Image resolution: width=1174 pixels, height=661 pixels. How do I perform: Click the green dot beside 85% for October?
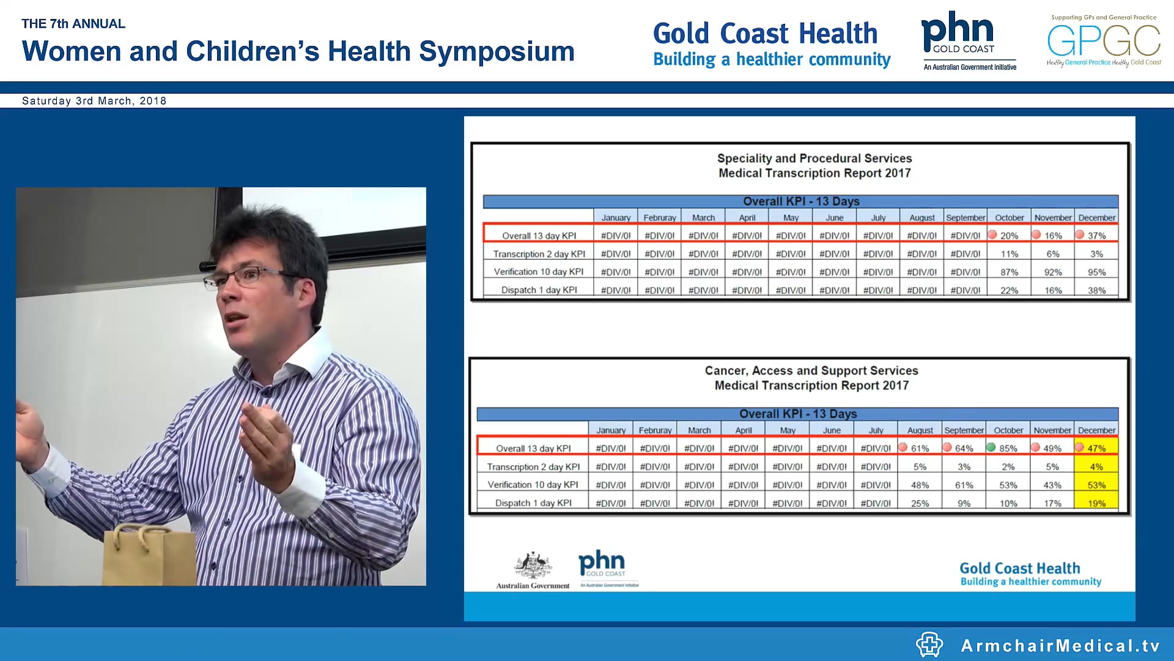[991, 447]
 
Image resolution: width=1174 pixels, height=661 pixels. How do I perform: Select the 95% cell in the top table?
[1096, 272]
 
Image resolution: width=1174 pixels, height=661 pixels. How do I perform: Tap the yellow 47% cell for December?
[1096, 448]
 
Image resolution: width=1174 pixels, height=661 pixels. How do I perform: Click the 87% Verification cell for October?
[1009, 272]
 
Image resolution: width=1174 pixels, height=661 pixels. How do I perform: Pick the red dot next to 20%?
[992, 234]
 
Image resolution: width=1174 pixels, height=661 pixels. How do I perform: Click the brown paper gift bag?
[149, 554]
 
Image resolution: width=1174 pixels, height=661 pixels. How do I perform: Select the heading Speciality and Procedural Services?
[814, 158]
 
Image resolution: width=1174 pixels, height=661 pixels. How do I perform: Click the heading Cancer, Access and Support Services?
[811, 370]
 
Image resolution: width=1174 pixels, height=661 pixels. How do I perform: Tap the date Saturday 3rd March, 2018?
[94, 101]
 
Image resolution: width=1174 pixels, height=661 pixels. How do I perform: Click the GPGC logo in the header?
[1103, 42]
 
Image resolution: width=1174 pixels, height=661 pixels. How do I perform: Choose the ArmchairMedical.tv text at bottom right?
[1060, 645]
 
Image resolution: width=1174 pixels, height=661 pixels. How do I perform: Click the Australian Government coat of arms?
[533, 566]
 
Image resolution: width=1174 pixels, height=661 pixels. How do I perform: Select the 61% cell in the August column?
[920, 448]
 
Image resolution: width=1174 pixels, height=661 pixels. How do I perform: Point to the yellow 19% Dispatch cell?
[1096, 503]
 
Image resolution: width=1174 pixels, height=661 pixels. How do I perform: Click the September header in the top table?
[965, 217]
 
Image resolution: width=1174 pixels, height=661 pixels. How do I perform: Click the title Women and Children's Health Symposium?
[298, 51]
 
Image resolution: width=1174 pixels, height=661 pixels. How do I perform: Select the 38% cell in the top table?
[1096, 290]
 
